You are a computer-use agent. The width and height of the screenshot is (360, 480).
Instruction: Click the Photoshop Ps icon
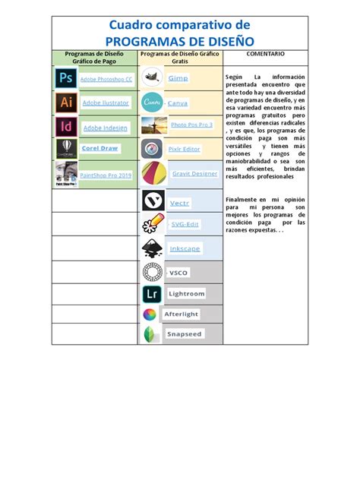coord(66,77)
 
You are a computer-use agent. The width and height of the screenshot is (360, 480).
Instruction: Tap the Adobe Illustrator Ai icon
coord(66,102)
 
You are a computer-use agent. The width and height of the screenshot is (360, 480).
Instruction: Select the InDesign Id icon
coord(66,126)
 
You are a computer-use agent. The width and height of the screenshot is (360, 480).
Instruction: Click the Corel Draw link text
coord(99,148)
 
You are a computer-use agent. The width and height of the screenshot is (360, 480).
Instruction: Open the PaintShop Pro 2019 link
coord(106,175)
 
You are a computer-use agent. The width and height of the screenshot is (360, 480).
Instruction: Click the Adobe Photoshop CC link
coord(106,79)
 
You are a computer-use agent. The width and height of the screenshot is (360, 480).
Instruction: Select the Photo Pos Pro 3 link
coord(191,124)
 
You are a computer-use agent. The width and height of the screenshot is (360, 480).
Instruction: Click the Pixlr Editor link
coord(184,149)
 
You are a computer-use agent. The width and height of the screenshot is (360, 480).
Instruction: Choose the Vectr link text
coord(179,203)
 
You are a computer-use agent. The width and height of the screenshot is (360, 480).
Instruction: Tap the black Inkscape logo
coord(152,248)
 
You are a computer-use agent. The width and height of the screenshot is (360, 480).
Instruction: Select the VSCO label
coord(178,273)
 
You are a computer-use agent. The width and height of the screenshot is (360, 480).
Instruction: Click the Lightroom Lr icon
coord(151,294)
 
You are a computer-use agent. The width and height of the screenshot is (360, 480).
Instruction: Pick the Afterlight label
coord(181,314)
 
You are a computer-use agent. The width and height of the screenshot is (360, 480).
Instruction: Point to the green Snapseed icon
coord(152,334)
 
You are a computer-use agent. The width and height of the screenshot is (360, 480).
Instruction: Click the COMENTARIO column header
coord(265,55)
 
